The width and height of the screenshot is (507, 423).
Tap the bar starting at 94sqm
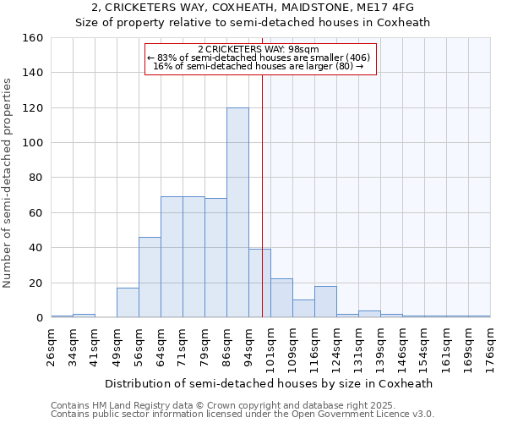pos(259,283)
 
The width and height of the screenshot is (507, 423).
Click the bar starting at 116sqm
pos(325,302)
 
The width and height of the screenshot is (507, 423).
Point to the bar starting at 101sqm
pos(281,299)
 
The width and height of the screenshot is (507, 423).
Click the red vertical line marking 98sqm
pos(263,211)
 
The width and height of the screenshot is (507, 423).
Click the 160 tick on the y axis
pos(34,38)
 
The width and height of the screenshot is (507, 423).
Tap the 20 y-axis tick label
pos(36,283)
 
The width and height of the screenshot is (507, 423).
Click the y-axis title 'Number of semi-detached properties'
pos(8,178)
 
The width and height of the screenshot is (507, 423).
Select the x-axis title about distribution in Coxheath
pos(271,383)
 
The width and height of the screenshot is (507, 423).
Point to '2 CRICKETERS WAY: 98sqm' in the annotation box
pos(259,49)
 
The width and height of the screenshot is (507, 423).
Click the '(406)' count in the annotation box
pos(357,58)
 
